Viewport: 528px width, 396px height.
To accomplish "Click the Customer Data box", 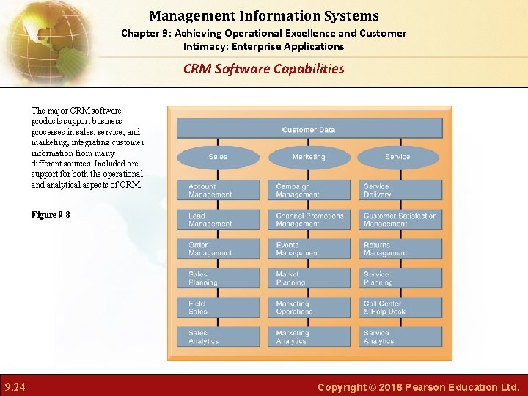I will tap(309, 129).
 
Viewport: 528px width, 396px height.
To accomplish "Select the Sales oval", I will tap(218, 157).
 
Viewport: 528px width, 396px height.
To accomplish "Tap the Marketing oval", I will tap(309, 157).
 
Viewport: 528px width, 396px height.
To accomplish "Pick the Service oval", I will tap(397, 157).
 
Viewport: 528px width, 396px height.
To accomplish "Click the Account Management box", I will tap(219, 191).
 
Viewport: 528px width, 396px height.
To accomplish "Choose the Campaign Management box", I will tap(309, 191).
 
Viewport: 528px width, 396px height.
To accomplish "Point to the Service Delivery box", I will tap(400, 191).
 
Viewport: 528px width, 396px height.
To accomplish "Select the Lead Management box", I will tap(219, 220).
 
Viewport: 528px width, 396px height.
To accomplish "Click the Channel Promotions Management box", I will tap(309, 220).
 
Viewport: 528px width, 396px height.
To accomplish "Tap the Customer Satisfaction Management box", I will tap(400, 220).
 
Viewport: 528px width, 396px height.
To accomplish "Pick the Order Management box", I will tap(219, 249).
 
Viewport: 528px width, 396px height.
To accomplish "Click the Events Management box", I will tap(309, 249).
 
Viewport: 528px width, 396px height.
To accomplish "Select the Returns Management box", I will tap(400, 249).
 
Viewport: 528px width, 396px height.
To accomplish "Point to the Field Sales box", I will tap(219, 308).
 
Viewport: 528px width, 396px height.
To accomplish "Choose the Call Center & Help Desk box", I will tap(400, 308).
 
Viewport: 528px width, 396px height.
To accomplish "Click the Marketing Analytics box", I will tap(309, 337).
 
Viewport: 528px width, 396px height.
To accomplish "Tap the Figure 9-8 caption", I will tap(51, 215).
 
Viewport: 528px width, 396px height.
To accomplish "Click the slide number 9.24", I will tap(15, 386).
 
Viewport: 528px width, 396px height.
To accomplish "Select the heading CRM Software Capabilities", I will tap(263, 69).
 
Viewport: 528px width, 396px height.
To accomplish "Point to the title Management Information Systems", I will tap(263, 15).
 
